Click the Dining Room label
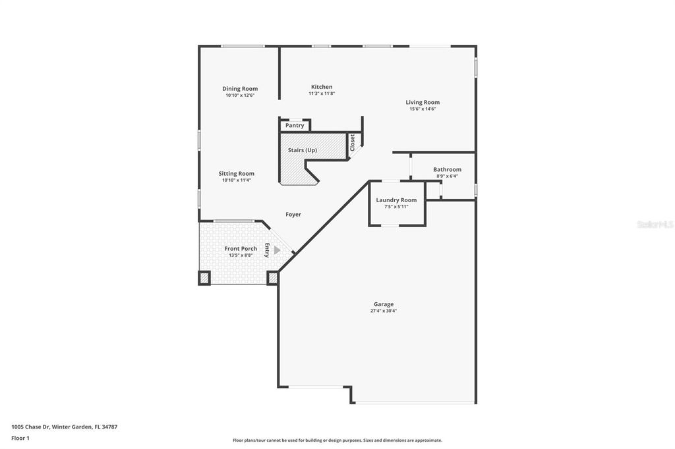click(x=240, y=89)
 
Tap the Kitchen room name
click(x=322, y=87)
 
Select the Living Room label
click(x=423, y=102)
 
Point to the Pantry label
click(x=295, y=125)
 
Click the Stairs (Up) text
click(x=303, y=150)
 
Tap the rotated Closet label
click(x=353, y=143)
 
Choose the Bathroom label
click(x=447, y=169)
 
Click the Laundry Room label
click(x=396, y=200)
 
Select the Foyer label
click(x=293, y=214)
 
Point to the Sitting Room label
click(x=237, y=174)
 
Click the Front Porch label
click(x=241, y=248)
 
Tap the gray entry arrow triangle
click(x=277, y=250)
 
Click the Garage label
click(x=384, y=304)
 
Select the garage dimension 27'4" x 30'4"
click(x=384, y=311)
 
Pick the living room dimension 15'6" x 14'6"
click(x=423, y=109)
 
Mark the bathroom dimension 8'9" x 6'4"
click(x=447, y=176)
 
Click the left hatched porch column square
click(x=204, y=278)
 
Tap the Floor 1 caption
click(x=20, y=438)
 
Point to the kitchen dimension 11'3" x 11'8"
click(x=322, y=93)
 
